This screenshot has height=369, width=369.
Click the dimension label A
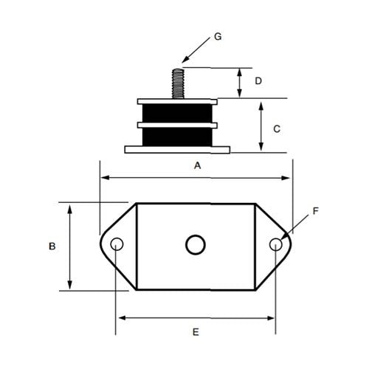pyautogui.click(x=197, y=166)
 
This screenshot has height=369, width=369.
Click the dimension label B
pyautogui.click(x=52, y=246)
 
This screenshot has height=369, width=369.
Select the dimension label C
pyautogui.click(x=277, y=128)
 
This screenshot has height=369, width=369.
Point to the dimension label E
pyautogui.click(x=196, y=333)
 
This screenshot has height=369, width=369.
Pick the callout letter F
pyautogui.click(x=315, y=210)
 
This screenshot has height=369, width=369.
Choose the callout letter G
pyautogui.click(x=217, y=35)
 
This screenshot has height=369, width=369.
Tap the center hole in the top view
pyautogui.click(x=195, y=244)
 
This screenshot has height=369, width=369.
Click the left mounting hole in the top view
pyautogui.click(x=116, y=245)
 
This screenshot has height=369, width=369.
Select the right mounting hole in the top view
pyautogui.click(x=275, y=245)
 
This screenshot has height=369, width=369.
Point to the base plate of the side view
pyautogui.click(x=178, y=150)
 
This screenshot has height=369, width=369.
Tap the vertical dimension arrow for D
pyautogui.click(x=240, y=83)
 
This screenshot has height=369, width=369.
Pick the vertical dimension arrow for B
pyautogui.click(x=70, y=246)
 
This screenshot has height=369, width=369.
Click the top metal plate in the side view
pyautogui.click(x=178, y=100)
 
